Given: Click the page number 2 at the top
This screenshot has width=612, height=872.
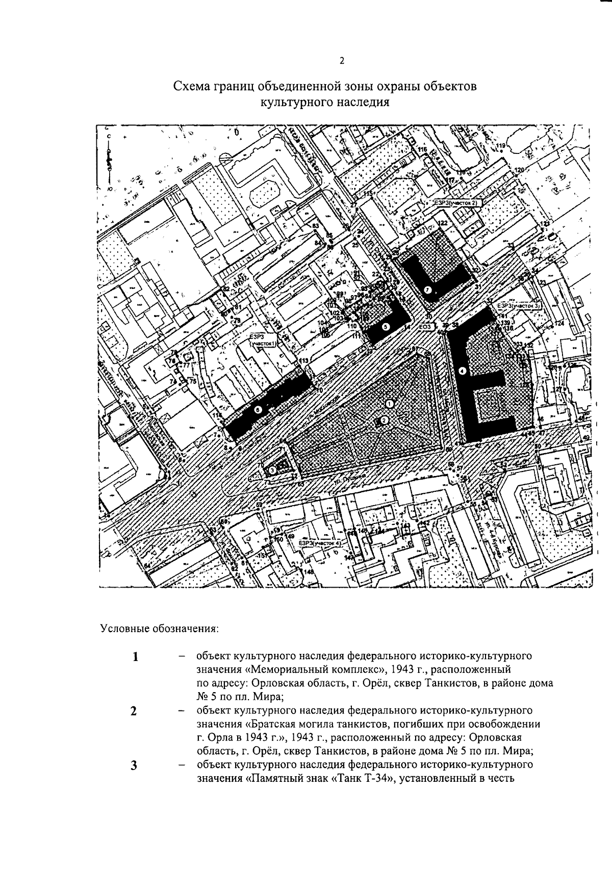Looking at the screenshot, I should tap(342, 61).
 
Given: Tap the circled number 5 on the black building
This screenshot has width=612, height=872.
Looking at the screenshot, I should tap(385, 327).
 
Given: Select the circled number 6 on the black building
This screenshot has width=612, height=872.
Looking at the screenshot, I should tap(258, 409).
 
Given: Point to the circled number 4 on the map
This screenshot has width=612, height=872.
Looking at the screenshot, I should tap(463, 371).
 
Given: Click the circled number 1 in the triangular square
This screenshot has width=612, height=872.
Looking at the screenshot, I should tap(390, 403).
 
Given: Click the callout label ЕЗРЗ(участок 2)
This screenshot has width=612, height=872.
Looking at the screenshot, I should tap(456, 203).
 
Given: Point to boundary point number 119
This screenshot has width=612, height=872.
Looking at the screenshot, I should tap(500, 146).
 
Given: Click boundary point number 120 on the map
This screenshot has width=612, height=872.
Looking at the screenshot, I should tap(519, 170).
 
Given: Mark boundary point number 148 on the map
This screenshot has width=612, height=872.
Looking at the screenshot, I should tap(309, 572).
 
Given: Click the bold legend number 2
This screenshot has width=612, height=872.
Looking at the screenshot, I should tap(134, 711).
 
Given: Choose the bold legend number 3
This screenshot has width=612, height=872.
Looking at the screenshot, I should tap(134, 766).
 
